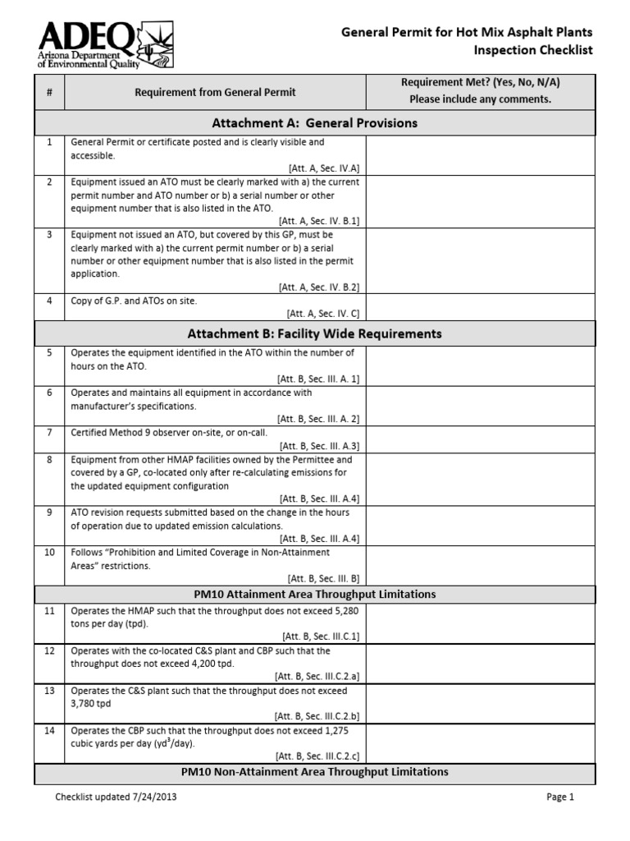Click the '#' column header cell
(49, 92)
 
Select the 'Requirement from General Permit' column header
(215, 92)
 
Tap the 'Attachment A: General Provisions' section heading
(314, 123)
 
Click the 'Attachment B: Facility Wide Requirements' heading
(314, 333)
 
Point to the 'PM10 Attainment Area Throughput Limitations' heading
(314, 594)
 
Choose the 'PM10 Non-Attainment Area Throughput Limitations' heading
(314, 772)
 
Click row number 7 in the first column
(49, 432)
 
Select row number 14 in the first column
(49, 730)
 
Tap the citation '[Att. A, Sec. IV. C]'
(322, 313)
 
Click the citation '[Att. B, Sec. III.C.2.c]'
(317, 756)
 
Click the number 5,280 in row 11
(343, 611)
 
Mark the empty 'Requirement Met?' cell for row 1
(480, 154)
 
